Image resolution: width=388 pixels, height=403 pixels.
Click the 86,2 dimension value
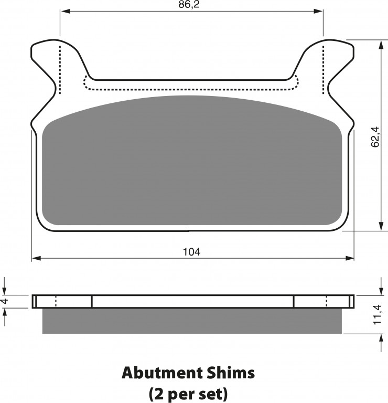tap(189, 5)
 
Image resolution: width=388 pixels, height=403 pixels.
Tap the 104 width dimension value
tap(191, 252)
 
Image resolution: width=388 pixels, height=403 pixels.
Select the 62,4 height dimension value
tap(375, 136)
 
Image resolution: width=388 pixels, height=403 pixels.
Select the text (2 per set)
tap(188, 393)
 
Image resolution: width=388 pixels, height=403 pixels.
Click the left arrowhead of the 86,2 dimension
tap(64, 11)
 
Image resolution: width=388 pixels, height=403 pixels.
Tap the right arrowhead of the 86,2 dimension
tap(318, 11)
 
